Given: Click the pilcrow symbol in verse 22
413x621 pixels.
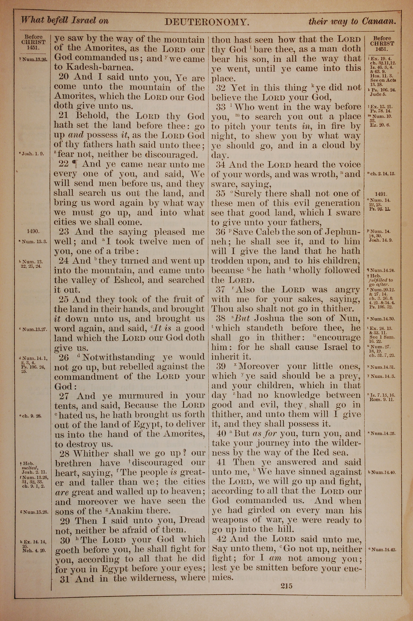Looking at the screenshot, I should click(75, 164).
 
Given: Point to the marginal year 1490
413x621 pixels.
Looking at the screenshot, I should click(33, 232).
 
